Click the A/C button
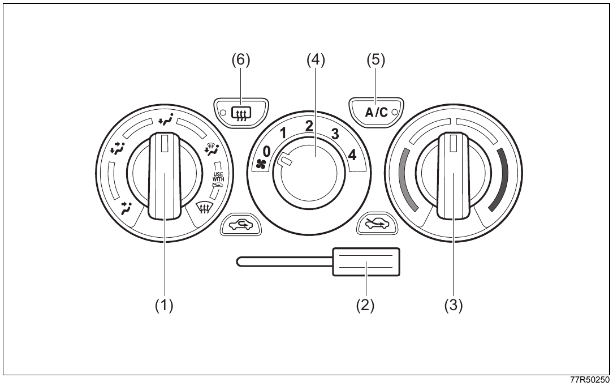[376, 112]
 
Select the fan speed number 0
[266, 151]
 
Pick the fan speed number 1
[283, 134]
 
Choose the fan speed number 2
[309, 126]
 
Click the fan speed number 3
[335, 134]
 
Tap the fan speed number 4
[352, 155]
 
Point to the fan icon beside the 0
[260, 165]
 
